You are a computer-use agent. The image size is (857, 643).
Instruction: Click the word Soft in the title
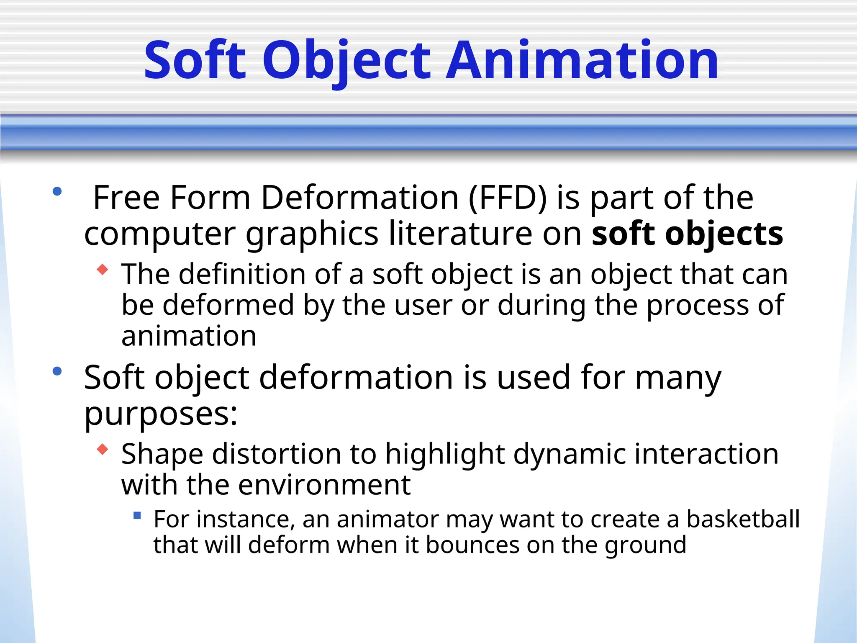[x=195, y=61]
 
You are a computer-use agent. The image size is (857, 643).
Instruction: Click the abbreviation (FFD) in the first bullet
[x=507, y=198]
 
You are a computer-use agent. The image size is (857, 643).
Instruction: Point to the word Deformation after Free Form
[x=360, y=198]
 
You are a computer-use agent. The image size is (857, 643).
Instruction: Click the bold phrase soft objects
[x=687, y=234]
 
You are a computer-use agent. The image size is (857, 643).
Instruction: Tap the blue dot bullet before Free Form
[x=57, y=192]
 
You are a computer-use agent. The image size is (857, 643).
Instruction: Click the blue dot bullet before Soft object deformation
[x=57, y=371]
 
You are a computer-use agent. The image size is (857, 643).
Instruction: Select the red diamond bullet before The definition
[x=103, y=270]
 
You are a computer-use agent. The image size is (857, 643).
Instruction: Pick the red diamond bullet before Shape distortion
[x=103, y=450]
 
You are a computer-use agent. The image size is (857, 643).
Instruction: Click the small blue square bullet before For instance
[x=137, y=515]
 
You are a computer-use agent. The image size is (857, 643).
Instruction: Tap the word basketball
[x=743, y=519]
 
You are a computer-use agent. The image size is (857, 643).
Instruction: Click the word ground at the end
[x=645, y=545]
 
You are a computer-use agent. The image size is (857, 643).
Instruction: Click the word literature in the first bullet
[x=460, y=234]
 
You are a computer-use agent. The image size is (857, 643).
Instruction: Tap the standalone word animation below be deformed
[x=189, y=336]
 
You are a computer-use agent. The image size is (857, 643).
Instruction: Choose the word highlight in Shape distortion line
[x=445, y=454]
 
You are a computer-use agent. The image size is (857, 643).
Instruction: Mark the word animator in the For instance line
[x=387, y=519]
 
